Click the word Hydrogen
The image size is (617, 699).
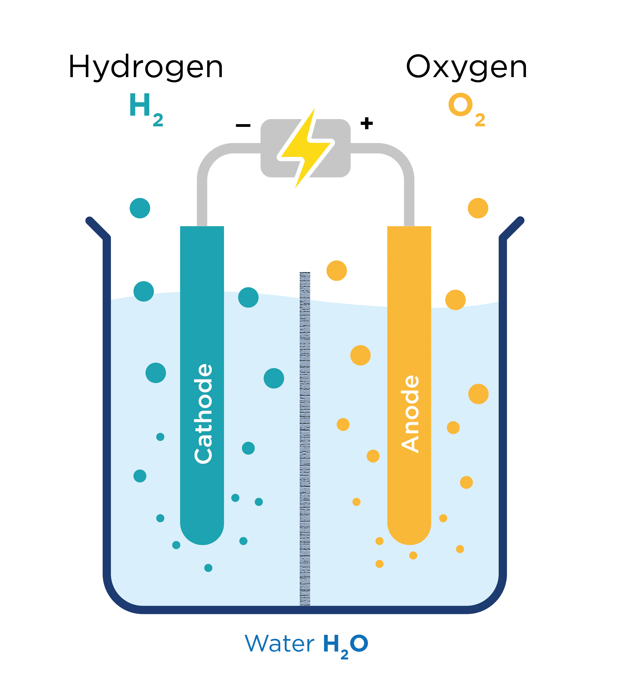tap(146, 67)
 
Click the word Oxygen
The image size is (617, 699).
tap(466, 67)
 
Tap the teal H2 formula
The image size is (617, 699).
tap(146, 110)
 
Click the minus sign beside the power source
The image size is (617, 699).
tap(243, 126)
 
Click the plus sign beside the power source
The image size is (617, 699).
tap(366, 123)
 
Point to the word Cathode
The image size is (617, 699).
tap(203, 414)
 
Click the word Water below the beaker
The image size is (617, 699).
tap(279, 643)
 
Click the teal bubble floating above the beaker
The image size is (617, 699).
tap(140, 208)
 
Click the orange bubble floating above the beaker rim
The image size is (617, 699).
tap(478, 208)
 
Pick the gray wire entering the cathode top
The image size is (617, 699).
tap(202, 192)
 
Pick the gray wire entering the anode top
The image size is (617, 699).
tap(409, 192)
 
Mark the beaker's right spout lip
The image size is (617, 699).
tap(512, 228)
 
